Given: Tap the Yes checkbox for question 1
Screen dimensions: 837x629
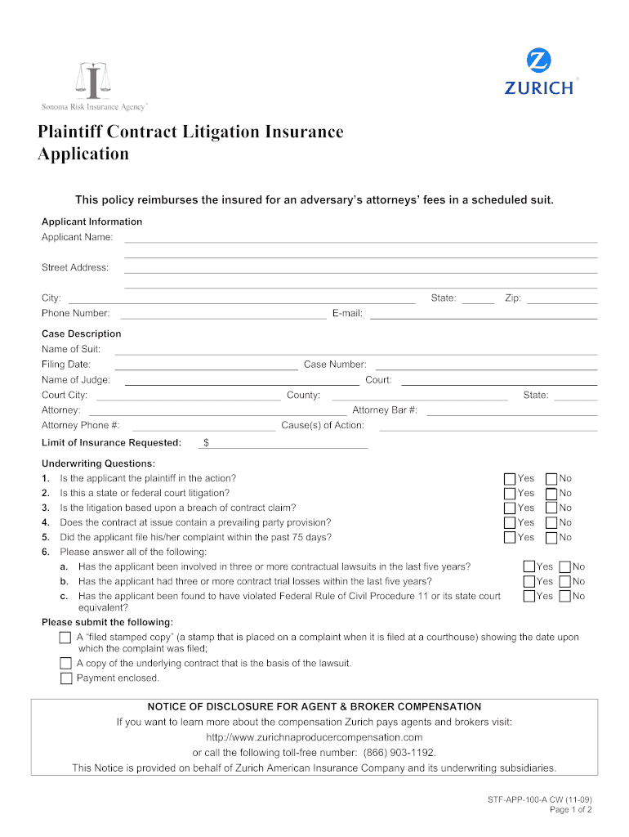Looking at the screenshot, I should point(510,479).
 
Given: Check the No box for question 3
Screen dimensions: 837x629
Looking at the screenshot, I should point(551,508).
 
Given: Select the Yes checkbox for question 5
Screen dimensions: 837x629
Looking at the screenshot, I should point(510,538).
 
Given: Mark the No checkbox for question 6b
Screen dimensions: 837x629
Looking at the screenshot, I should point(564,582).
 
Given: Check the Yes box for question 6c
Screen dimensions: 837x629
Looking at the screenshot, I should point(529,597).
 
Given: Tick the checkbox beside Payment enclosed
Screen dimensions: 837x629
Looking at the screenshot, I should point(66,678).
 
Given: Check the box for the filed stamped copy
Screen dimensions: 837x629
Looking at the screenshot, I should point(66,638).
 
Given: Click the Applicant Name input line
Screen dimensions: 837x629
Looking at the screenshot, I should point(359,239).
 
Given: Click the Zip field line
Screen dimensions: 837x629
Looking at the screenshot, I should point(562,300).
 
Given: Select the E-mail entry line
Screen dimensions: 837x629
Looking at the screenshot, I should point(483,315).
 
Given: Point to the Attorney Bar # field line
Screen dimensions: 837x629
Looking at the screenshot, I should point(511,412).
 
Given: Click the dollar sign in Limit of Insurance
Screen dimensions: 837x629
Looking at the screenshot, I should point(207,443).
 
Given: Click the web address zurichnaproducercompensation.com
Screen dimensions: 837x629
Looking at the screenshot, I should point(314,737).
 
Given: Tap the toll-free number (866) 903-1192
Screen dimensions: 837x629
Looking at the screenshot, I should point(395,753).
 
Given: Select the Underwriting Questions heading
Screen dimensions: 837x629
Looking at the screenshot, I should point(98,464).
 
